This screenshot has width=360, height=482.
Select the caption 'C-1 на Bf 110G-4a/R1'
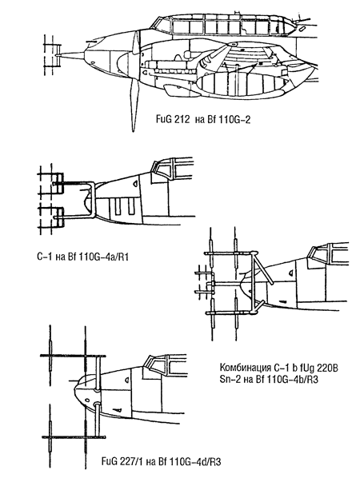(82, 256)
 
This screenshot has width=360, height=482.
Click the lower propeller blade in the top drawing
(134, 105)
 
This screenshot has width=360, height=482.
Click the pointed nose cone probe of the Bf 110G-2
(73, 55)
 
